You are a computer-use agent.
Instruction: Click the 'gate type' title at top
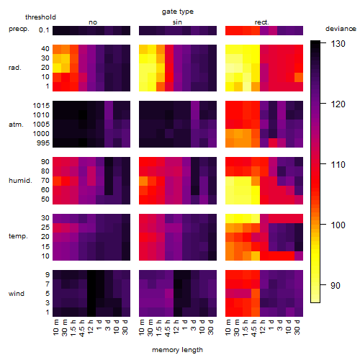[x=178, y=12]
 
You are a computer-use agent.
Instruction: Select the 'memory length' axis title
[x=177, y=350]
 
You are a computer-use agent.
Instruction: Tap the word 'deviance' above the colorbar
[x=341, y=29]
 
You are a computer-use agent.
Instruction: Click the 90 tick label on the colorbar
[x=335, y=286]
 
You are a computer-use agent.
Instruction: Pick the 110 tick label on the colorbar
[x=338, y=165]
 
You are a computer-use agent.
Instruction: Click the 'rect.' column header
[x=261, y=22]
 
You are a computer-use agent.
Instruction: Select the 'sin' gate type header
[x=177, y=22]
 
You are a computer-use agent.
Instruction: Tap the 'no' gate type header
[x=93, y=22]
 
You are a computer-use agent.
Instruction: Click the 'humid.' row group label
[x=20, y=181]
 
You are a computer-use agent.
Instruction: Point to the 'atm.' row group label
[x=16, y=125]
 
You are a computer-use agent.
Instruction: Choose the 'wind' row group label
[x=17, y=294]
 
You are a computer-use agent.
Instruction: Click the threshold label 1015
[x=41, y=106]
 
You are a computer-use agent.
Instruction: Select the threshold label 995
[x=43, y=143]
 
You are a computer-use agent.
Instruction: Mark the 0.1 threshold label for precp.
[x=44, y=30]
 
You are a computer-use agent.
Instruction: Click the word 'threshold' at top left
[x=40, y=17]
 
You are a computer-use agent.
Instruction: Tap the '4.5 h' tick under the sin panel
[x=168, y=328]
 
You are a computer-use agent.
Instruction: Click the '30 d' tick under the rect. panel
[x=297, y=327]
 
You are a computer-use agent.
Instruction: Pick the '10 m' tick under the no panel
[x=55, y=328]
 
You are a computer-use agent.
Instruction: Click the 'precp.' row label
[x=19, y=29]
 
